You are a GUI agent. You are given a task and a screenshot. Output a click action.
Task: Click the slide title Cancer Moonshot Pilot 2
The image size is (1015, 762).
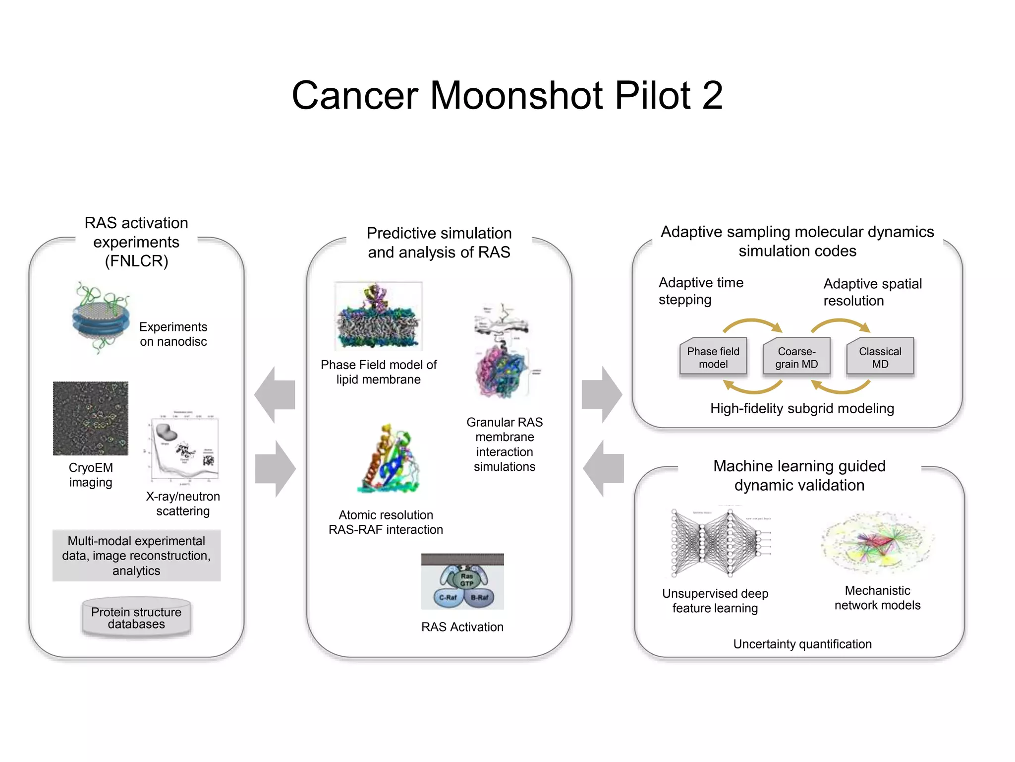click(507, 95)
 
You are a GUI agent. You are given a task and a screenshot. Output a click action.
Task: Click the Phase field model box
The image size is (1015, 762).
click(713, 357)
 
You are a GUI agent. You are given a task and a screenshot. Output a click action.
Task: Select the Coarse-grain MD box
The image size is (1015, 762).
click(796, 357)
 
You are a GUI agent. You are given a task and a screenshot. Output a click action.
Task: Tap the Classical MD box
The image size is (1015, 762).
click(880, 357)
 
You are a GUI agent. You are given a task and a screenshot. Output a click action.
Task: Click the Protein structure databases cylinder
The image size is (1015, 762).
click(136, 618)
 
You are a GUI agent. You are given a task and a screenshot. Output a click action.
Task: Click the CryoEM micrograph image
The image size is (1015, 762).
click(91, 418)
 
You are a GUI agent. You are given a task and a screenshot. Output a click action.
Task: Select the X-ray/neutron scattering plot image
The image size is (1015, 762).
click(184, 449)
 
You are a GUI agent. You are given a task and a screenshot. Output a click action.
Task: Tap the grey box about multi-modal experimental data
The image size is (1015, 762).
click(136, 556)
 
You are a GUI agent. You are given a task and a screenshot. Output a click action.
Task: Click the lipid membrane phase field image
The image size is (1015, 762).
click(378, 317)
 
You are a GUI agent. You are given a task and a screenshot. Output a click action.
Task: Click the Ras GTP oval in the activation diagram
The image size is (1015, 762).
click(466, 579)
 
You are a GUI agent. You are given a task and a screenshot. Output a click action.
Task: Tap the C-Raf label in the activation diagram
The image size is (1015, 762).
click(448, 598)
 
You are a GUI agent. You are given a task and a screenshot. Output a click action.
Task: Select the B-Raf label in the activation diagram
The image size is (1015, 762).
click(479, 598)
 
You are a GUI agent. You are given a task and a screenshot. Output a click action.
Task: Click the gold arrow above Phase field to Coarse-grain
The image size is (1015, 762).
click(752, 324)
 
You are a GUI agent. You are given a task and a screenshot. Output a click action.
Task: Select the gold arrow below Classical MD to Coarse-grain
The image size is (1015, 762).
click(841, 387)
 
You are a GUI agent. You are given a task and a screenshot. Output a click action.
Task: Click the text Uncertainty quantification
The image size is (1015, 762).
click(802, 644)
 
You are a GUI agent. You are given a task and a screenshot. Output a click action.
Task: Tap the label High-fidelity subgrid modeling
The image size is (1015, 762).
click(802, 408)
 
